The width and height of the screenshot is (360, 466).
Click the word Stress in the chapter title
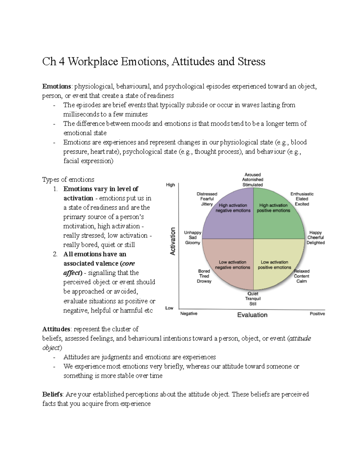[x=251, y=62]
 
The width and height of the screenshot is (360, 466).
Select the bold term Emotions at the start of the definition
[x=56, y=86]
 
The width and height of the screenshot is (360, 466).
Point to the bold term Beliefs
[x=52, y=394]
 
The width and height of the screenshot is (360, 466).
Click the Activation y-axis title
[x=172, y=241]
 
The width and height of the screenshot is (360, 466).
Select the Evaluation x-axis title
[x=252, y=315]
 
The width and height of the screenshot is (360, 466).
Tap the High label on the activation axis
[x=170, y=185]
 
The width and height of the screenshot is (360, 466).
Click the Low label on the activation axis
[x=169, y=308]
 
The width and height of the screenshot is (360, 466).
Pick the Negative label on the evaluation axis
[x=189, y=314]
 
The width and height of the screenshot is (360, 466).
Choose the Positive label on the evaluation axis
[x=317, y=314]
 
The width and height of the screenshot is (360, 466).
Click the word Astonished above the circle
[x=253, y=179]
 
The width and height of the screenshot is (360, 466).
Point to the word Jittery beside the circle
[x=207, y=204]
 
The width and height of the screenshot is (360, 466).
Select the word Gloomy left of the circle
[x=193, y=242]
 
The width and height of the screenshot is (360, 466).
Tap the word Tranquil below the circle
[x=253, y=299]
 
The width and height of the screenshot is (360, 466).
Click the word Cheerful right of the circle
[x=316, y=237]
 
